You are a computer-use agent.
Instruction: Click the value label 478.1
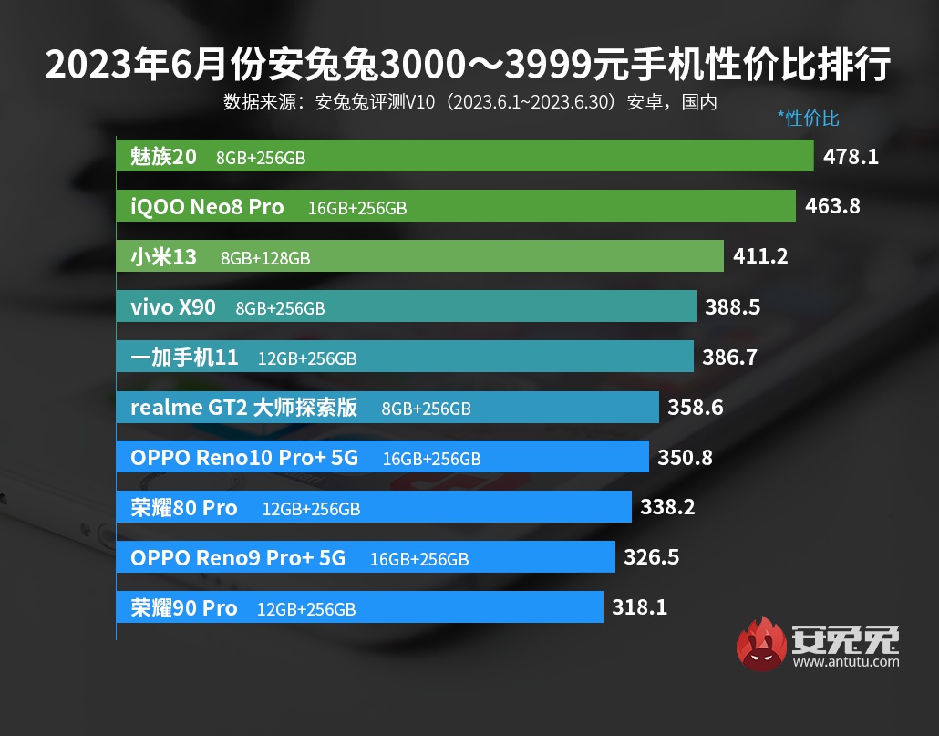point(851,157)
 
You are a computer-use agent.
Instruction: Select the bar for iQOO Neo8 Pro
point(456,207)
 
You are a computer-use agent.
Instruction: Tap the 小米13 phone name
point(163,257)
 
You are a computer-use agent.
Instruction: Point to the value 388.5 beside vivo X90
point(732,307)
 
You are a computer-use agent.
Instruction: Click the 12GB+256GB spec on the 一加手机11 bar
point(307,358)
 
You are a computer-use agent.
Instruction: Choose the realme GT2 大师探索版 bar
point(387,408)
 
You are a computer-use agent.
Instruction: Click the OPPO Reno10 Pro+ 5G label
point(244,458)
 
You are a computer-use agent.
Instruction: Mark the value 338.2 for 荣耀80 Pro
point(667,507)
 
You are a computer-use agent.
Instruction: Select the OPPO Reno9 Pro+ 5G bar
point(366,557)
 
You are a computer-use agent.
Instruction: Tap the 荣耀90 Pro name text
point(183,607)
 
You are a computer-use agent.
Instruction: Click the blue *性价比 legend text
point(808,118)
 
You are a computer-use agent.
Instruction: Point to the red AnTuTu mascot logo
point(762,644)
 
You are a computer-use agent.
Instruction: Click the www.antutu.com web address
point(846,662)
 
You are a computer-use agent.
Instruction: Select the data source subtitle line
point(469,101)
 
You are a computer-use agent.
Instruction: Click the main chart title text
point(469,66)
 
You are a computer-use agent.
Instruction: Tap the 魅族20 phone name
point(163,157)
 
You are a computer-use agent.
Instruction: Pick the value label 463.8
point(832,207)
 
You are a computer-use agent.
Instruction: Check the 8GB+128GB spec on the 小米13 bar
point(265,258)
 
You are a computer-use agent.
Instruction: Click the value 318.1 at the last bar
point(639,607)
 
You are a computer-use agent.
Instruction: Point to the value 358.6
point(695,408)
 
